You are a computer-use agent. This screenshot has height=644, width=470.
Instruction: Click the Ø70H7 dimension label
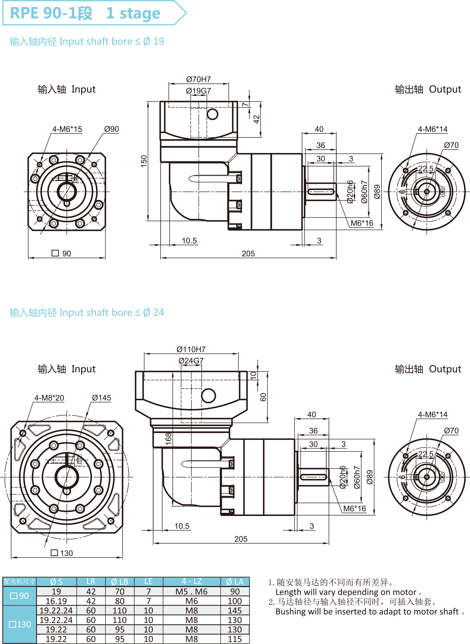[198, 79]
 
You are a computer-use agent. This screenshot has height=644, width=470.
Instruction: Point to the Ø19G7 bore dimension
[198, 91]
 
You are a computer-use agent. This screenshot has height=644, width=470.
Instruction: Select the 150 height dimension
[144, 161]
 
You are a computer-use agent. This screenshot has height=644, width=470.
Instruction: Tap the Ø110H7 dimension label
[191, 349]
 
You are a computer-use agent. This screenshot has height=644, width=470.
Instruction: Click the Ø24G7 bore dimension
[191, 361]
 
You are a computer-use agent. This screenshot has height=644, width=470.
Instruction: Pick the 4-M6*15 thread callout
[67, 129]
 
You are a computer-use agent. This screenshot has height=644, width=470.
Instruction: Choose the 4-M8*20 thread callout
[49, 398]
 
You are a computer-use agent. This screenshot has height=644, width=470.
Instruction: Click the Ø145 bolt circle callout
[101, 398]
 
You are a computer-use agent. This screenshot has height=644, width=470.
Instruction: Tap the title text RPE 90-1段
[51, 13]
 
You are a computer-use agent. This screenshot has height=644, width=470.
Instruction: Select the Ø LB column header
[120, 582]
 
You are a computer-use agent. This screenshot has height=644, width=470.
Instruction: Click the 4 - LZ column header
[192, 581]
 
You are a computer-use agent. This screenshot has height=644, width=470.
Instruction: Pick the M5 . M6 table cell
[191, 591]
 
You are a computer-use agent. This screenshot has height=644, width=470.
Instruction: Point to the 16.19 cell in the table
[56, 601]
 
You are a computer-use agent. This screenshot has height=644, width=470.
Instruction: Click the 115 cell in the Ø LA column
[235, 639]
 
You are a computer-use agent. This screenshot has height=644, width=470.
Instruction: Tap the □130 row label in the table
[20, 624]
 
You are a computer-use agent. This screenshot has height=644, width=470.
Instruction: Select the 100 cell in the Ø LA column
[235, 601]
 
